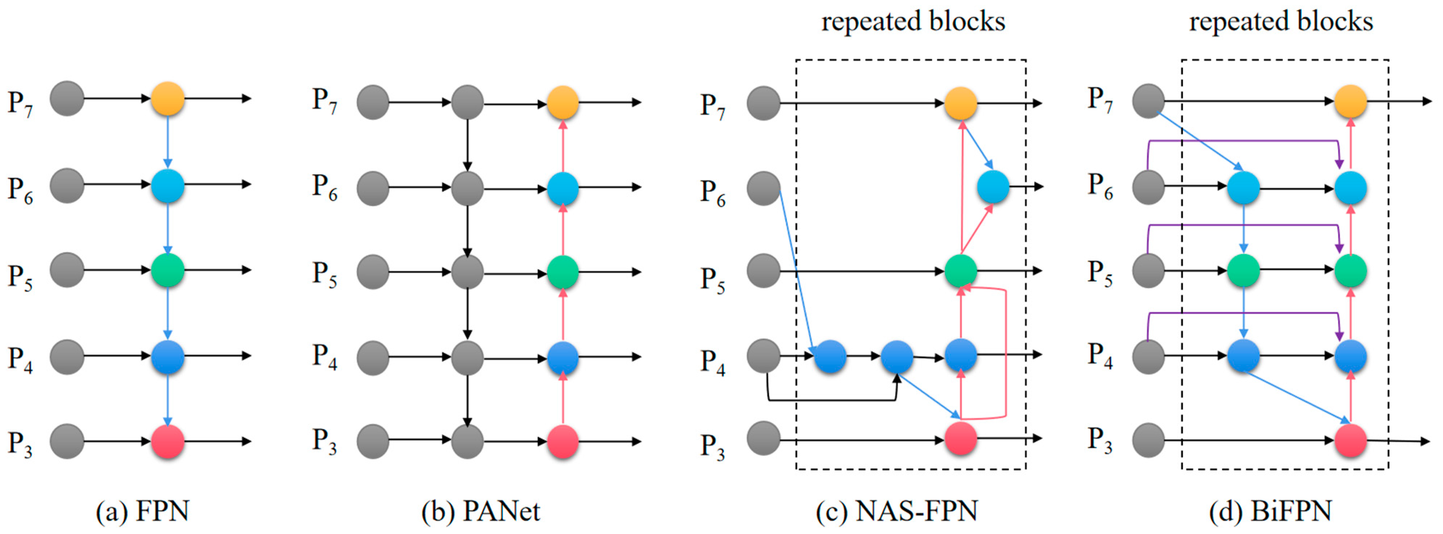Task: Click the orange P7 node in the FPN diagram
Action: (x=167, y=99)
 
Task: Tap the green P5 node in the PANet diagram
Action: (x=562, y=272)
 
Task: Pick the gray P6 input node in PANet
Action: (x=373, y=188)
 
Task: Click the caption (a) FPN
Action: (x=142, y=511)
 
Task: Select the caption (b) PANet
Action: (x=481, y=511)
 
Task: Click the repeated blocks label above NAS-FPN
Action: (x=913, y=21)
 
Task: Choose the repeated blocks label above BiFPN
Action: (x=1281, y=21)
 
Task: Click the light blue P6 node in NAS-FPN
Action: (x=993, y=187)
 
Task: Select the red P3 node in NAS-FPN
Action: (x=961, y=438)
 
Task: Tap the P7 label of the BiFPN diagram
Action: (x=1099, y=100)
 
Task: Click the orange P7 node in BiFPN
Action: (x=1351, y=102)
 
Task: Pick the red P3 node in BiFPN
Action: (x=1351, y=441)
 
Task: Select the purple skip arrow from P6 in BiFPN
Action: (x=1244, y=141)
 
